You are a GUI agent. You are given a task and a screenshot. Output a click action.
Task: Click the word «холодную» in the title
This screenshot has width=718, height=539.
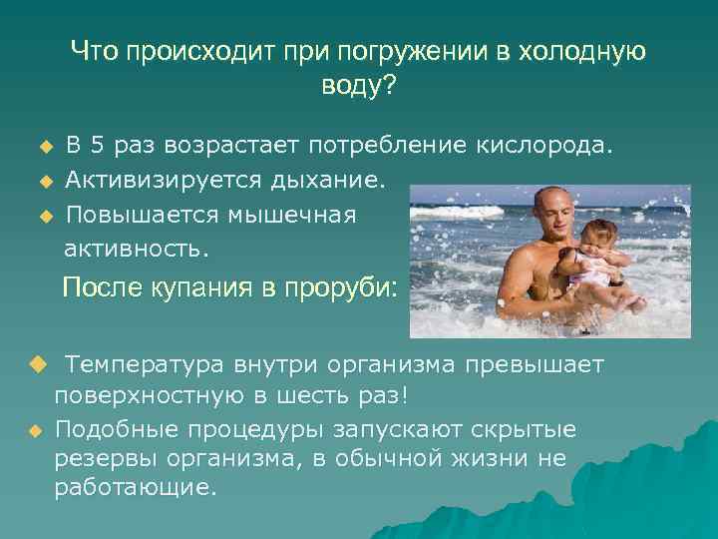click(583, 52)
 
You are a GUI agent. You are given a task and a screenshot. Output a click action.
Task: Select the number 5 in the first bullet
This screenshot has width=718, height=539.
click(96, 147)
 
